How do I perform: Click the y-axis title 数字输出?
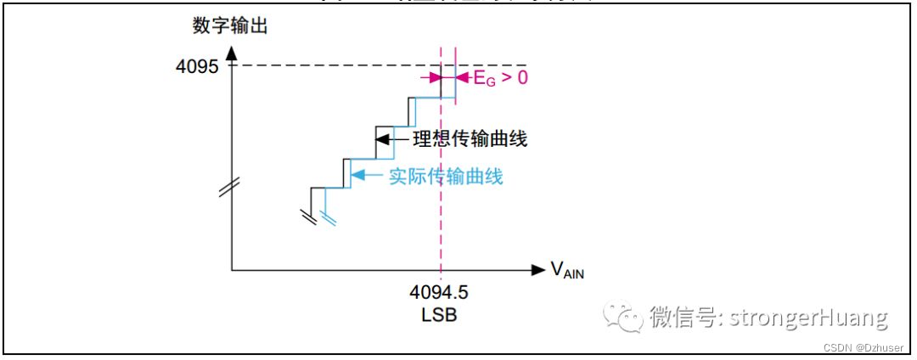coord(231,26)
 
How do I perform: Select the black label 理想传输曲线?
coord(470,138)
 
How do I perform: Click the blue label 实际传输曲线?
coord(447,177)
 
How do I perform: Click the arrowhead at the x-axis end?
coord(537,270)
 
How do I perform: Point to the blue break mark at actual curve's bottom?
coord(329,218)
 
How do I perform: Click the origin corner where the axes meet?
coord(232,270)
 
